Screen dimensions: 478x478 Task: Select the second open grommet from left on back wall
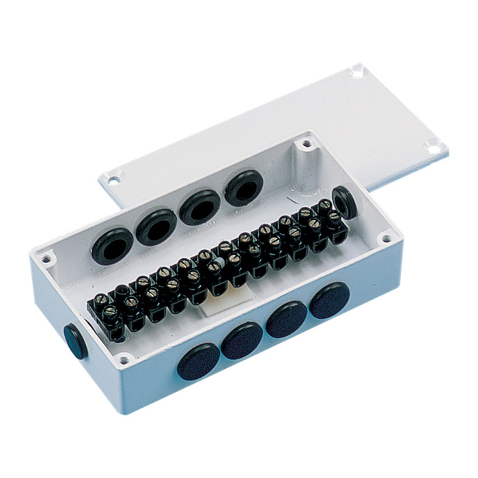coord(156,226)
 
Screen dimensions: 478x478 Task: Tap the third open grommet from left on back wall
coord(200,206)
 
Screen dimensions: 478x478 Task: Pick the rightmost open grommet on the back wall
coord(244,187)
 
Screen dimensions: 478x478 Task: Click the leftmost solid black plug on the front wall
coord(199,362)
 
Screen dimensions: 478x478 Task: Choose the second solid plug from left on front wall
coord(242,340)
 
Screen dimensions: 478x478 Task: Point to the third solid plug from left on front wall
coord(287,319)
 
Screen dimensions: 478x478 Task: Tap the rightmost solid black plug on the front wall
coord(330,299)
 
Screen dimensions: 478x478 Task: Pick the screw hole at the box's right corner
coord(386,239)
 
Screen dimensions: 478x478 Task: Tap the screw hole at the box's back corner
coord(307,144)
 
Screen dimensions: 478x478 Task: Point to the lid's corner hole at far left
coord(113,178)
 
